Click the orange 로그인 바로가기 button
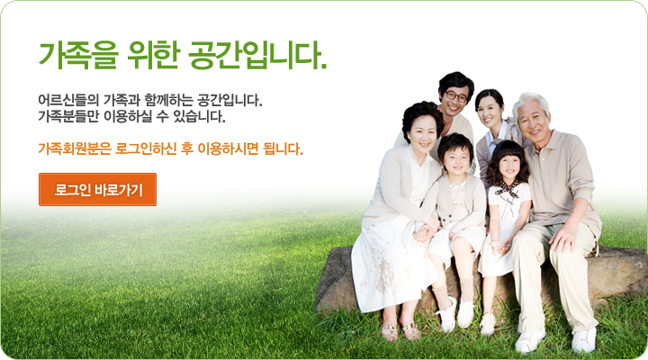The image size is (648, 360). (x=97, y=189)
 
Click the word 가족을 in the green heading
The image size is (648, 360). (x=78, y=55)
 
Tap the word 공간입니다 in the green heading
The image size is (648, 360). (x=256, y=55)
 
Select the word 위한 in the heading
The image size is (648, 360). (x=153, y=55)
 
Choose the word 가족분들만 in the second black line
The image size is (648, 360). (x=68, y=117)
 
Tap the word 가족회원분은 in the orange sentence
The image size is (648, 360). (x=75, y=148)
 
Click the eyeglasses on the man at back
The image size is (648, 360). (x=455, y=97)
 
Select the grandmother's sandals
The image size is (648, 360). (x=400, y=331)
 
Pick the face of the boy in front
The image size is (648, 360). (x=456, y=160)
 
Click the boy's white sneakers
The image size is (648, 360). (x=456, y=315)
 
